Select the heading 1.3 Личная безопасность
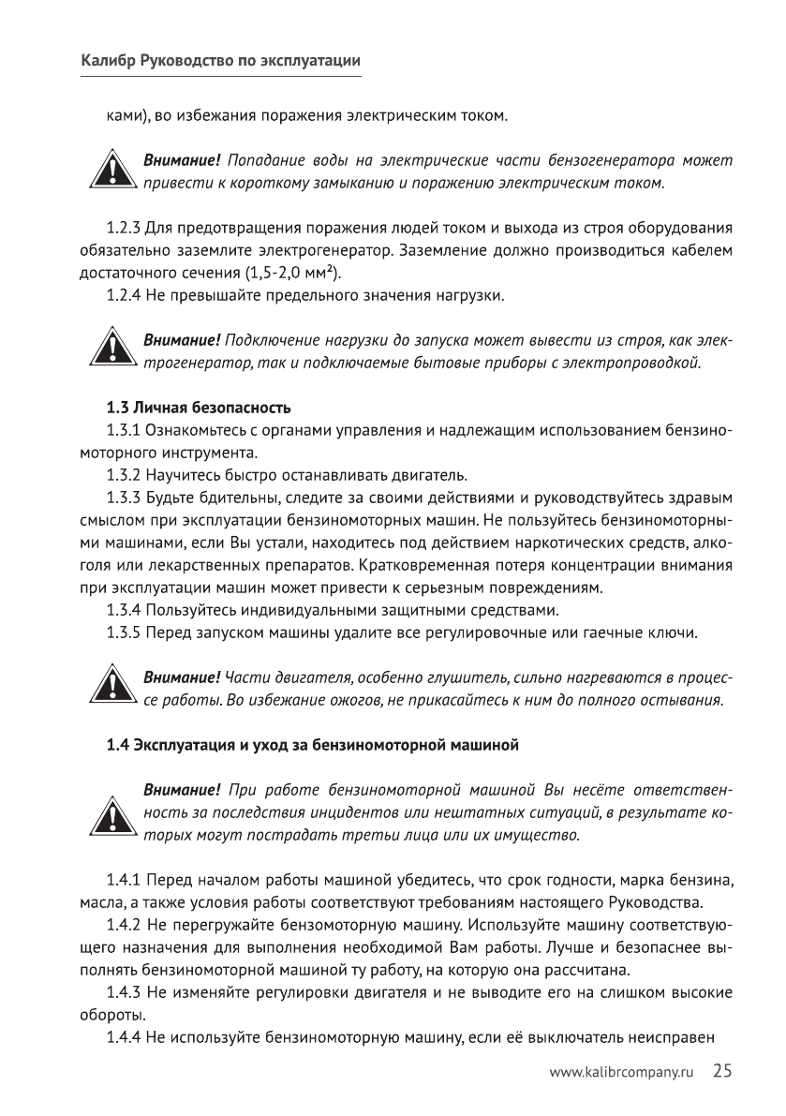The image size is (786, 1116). coord(198,409)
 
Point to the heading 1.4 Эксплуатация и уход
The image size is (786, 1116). coord(311,747)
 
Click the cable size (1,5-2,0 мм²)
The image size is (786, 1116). coord(292,274)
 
